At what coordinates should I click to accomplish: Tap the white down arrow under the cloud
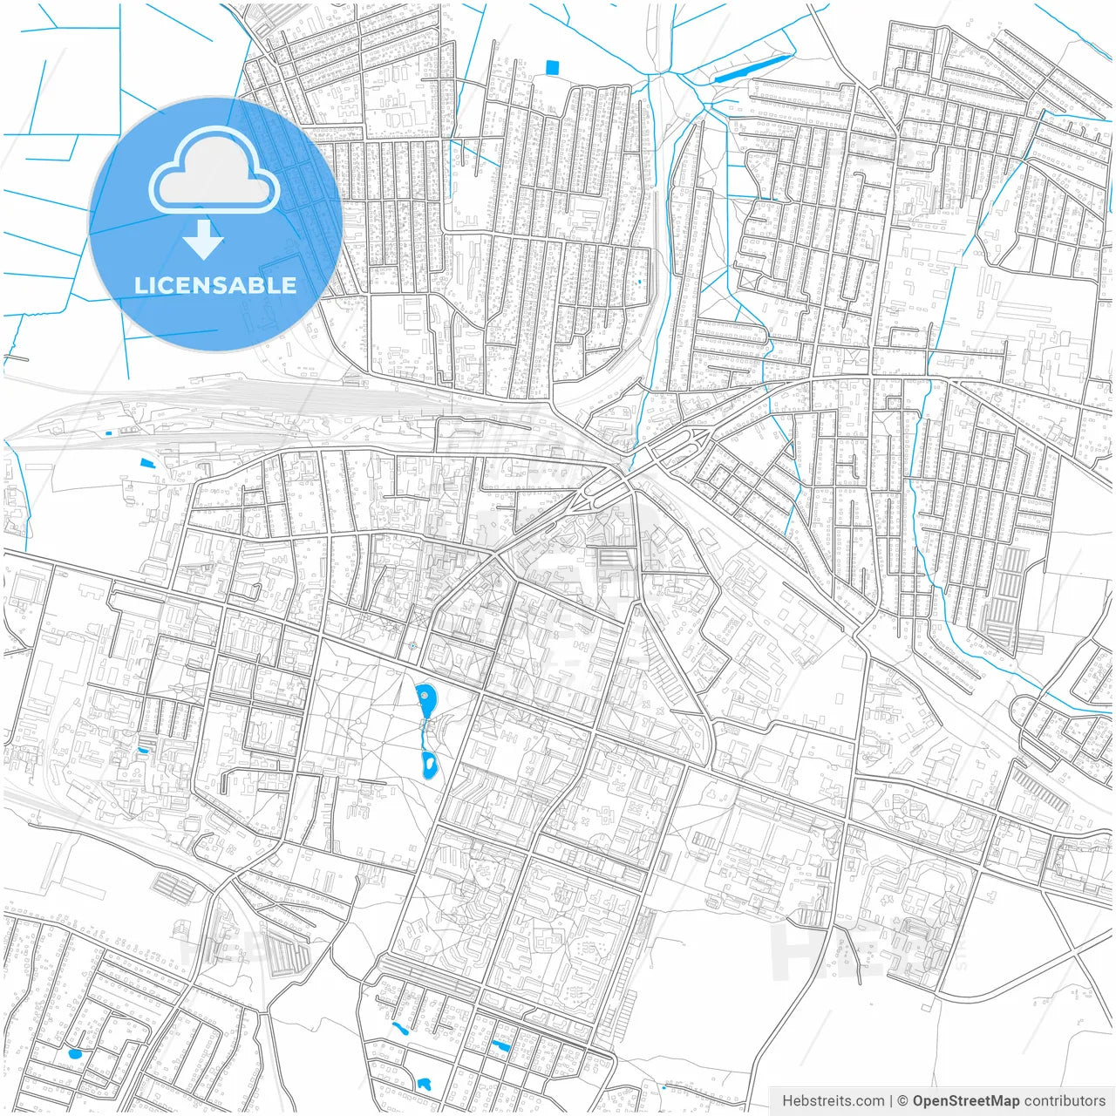point(203,240)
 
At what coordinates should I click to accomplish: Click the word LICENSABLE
point(214,285)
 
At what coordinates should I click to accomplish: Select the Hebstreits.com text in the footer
point(833,1101)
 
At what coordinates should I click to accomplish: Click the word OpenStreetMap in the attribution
point(965,1101)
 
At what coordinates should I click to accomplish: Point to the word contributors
point(1064,1101)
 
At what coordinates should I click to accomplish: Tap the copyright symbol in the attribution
point(903,1101)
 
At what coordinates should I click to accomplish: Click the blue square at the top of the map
point(551,67)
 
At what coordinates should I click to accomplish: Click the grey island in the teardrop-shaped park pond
point(425,696)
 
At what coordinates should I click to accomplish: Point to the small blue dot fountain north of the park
point(412,646)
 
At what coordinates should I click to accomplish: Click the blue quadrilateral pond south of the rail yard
point(145,463)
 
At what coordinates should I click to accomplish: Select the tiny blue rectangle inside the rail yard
point(108,433)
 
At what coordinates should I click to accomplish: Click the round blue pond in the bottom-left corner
point(75,1053)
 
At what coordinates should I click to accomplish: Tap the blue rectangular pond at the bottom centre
point(500,1045)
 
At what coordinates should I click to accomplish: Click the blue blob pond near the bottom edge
point(425,1085)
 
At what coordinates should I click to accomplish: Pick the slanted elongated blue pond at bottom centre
point(399,1029)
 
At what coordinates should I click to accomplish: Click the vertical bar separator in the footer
point(890,1101)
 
